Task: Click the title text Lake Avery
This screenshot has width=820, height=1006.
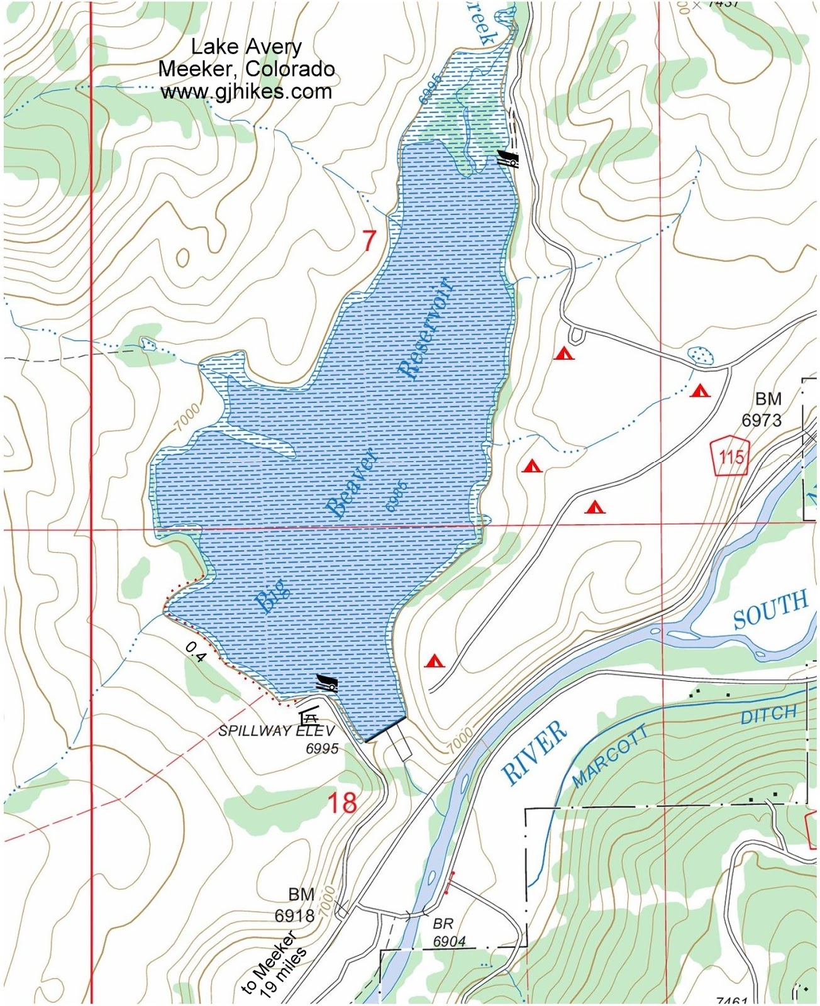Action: [246, 47]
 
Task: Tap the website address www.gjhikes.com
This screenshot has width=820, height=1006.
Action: [246, 92]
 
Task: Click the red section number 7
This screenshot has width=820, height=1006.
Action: [370, 241]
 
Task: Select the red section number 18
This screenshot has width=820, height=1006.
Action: [342, 803]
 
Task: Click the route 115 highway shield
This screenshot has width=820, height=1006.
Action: [731, 456]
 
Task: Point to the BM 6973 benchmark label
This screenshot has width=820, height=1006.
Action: [762, 409]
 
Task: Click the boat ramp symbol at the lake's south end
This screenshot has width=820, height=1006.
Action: [327, 683]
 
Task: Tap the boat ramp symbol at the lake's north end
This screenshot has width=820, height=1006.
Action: [508, 158]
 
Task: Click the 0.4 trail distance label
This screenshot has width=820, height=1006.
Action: [196, 652]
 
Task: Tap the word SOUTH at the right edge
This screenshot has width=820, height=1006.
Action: [770, 609]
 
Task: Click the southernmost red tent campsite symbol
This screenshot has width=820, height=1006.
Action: [435, 661]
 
